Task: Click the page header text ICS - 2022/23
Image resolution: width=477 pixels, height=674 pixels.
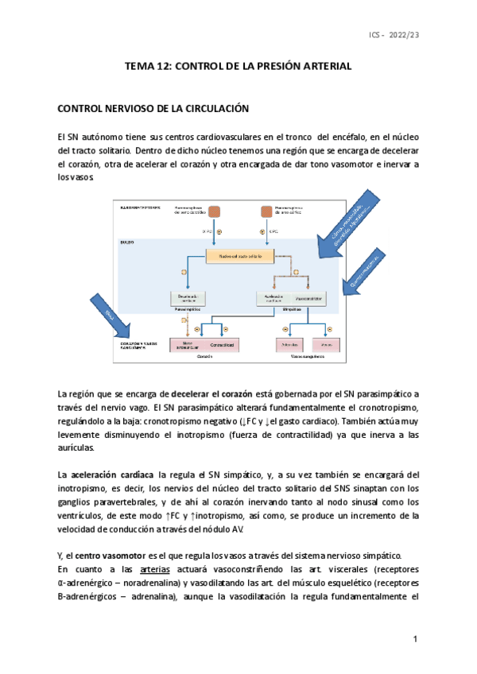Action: tap(392, 36)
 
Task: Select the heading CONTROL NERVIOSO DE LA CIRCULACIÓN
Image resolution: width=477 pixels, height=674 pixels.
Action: tap(155, 108)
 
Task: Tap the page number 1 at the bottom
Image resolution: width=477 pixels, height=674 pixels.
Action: tap(415, 640)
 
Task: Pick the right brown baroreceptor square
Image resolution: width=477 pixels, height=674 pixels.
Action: tap(267, 212)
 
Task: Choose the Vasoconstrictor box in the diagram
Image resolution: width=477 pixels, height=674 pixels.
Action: tap(306, 298)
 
